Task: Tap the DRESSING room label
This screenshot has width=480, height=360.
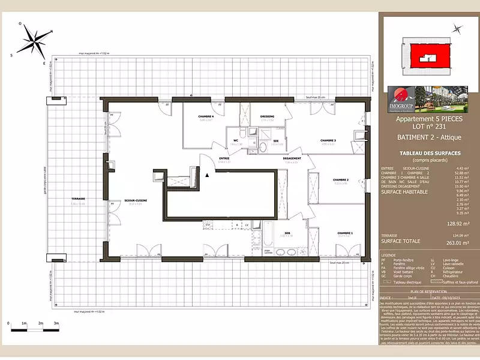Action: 268,116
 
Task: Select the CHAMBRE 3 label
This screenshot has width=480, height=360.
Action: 328,140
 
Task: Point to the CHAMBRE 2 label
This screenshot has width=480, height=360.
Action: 341,179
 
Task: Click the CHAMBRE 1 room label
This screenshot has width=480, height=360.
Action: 345,232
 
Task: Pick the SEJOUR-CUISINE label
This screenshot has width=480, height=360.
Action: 136,200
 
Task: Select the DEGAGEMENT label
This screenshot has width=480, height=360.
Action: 292,158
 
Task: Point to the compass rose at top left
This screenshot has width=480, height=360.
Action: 35,43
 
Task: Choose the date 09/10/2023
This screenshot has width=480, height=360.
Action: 451,296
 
